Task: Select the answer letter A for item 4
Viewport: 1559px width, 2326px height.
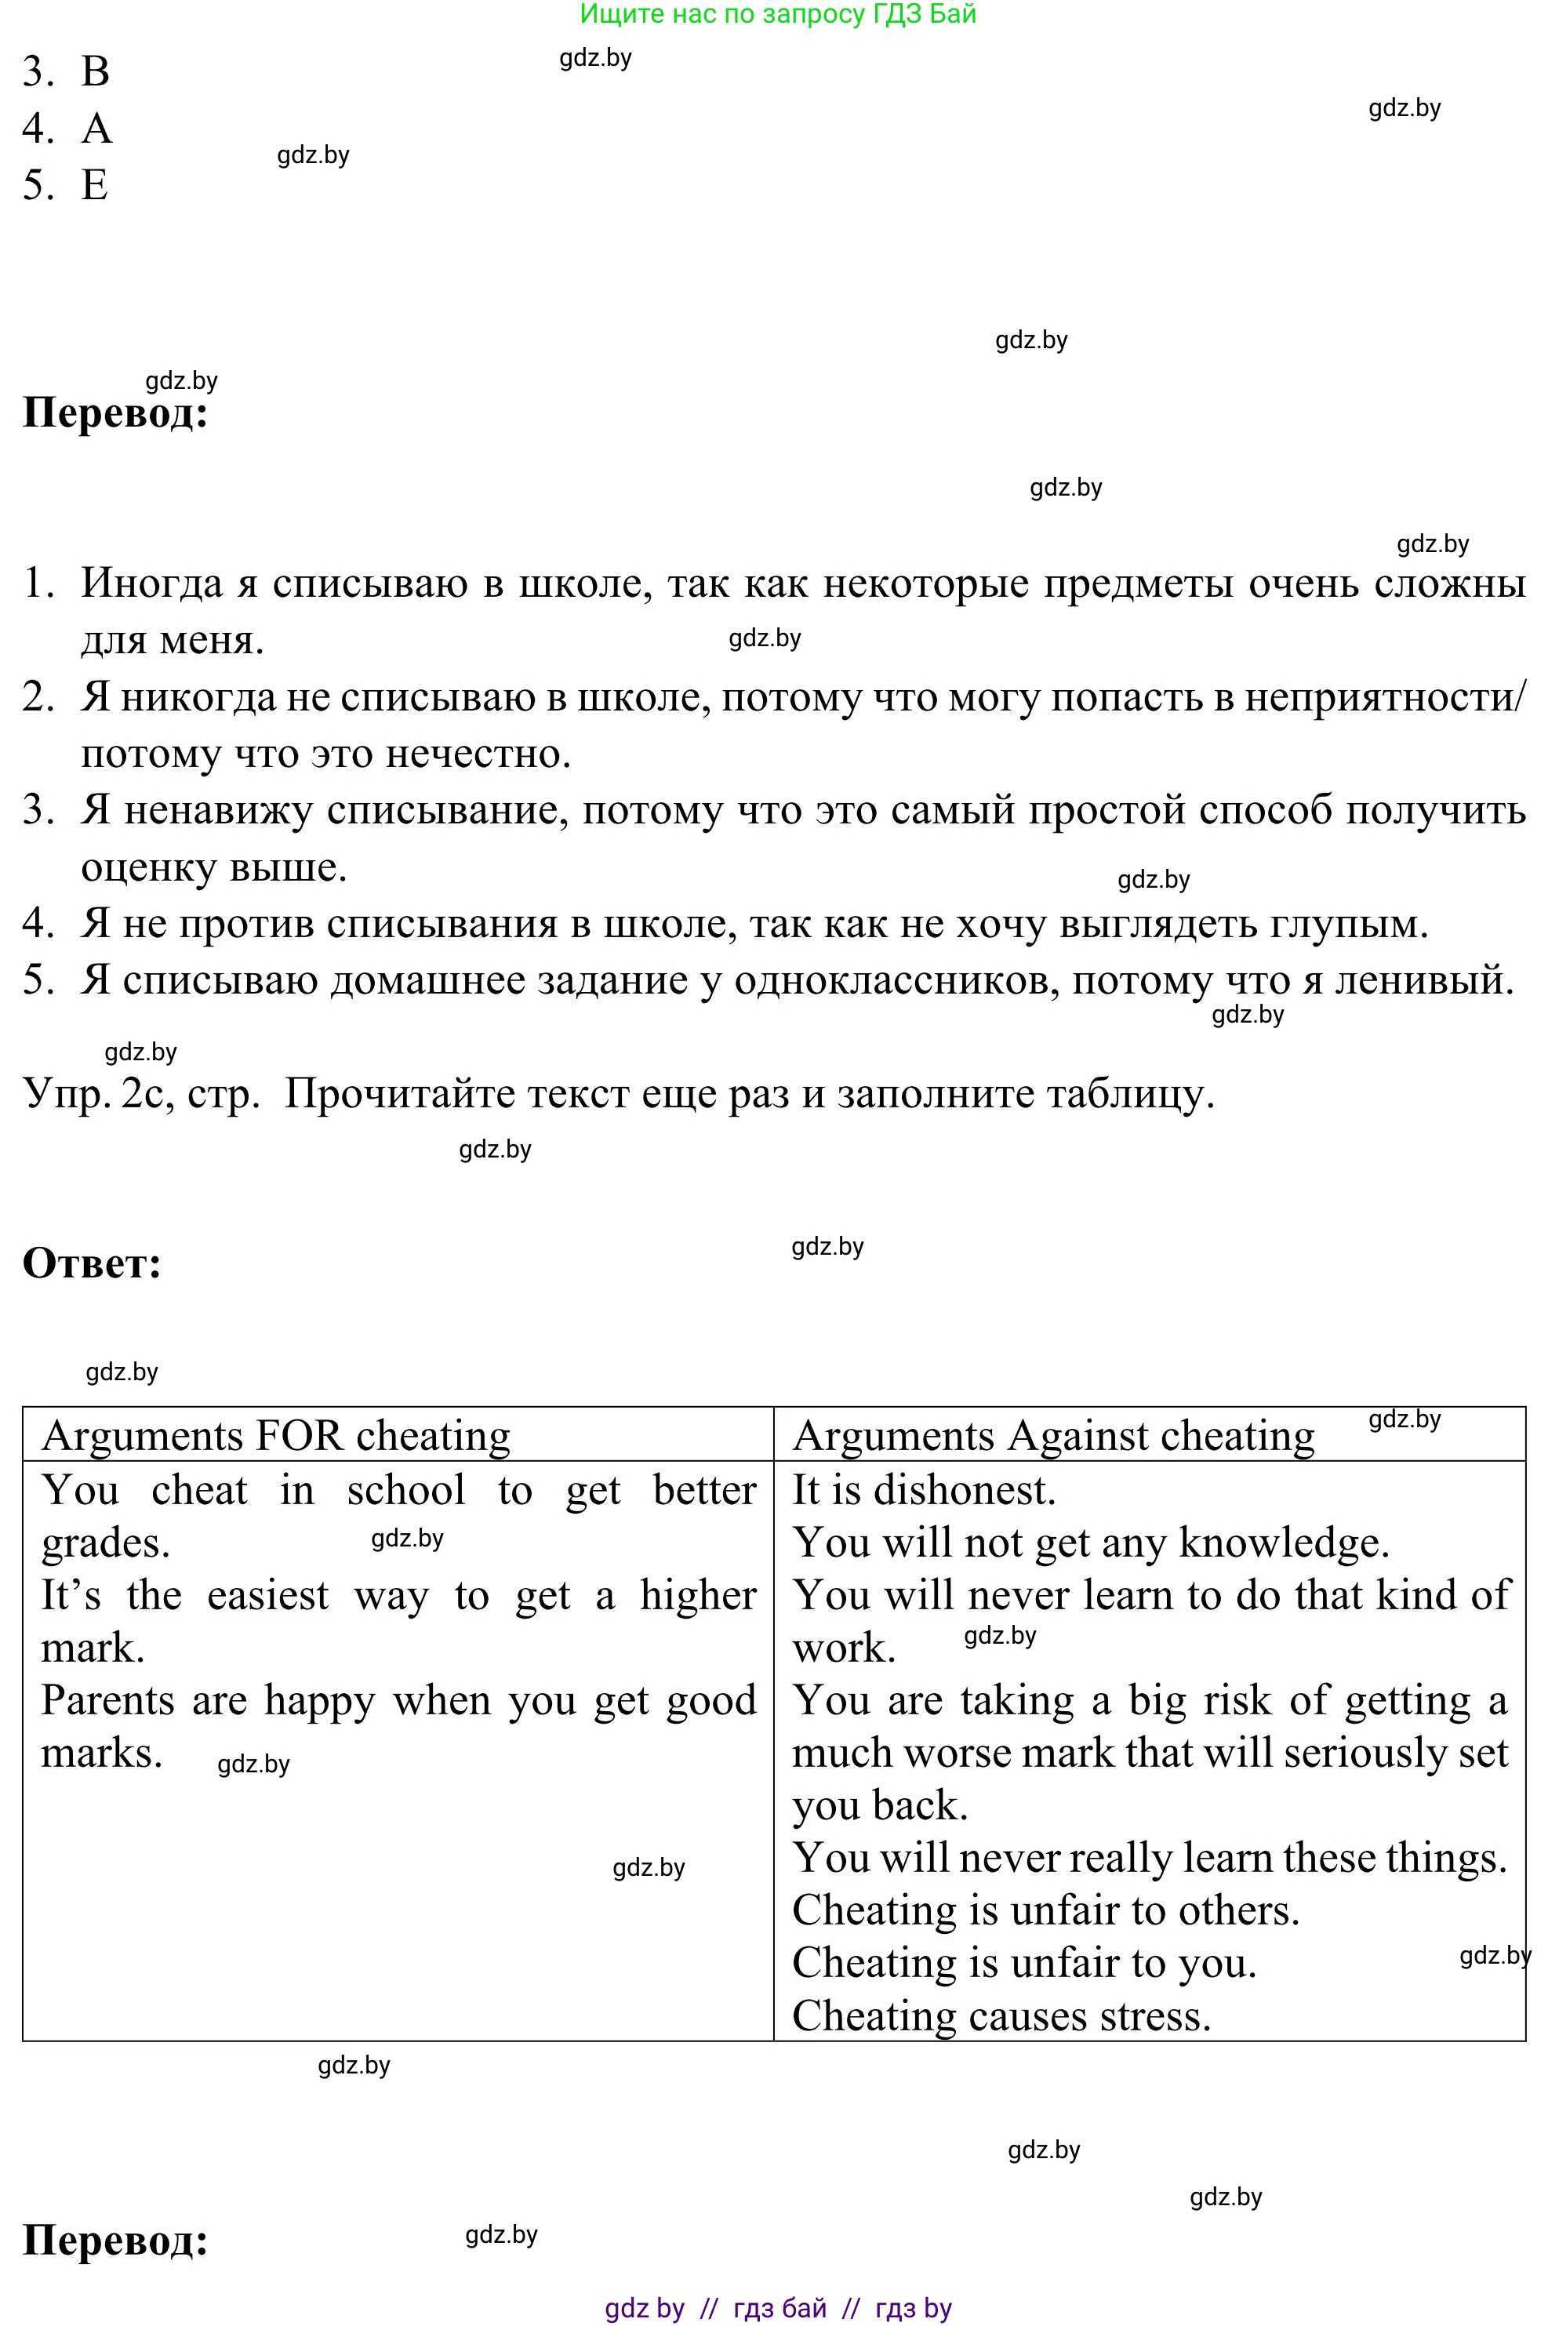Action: coord(96,129)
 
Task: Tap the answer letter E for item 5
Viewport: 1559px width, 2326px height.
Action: coord(94,185)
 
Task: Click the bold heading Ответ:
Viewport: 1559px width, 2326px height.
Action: coord(92,1263)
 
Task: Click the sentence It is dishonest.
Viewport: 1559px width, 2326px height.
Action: coord(924,1489)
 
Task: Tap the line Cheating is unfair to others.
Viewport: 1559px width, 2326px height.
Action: coord(1045,1910)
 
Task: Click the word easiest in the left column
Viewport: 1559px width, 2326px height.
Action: coord(267,1594)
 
